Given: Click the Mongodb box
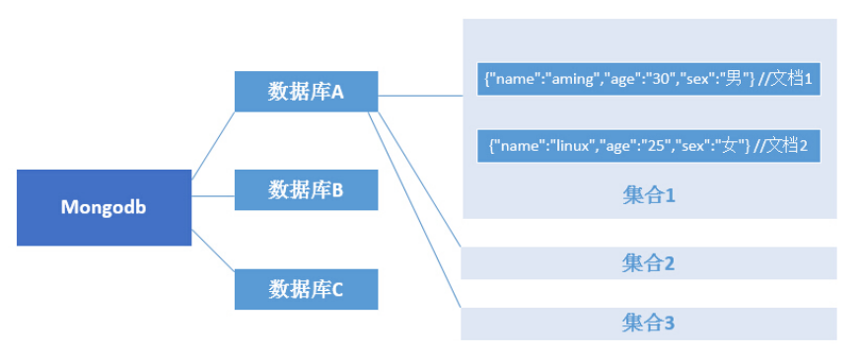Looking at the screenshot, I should pyautogui.click(x=104, y=207).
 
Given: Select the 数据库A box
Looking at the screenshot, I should pyautogui.click(x=306, y=92).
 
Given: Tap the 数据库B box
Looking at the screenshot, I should pyautogui.click(x=306, y=189).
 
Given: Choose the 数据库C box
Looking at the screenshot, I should pyautogui.click(x=306, y=289).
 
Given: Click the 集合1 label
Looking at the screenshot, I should pyautogui.click(x=649, y=195).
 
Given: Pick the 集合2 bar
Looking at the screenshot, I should pyautogui.click(x=649, y=263).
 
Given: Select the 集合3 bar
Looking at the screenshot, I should pyautogui.click(x=649, y=323).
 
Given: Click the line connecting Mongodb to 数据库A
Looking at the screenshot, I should pyautogui.click(x=212, y=143).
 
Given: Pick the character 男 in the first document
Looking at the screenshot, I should pyautogui.click(x=732, y=79).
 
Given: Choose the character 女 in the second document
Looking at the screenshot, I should pyautogui.click(x=729, y=146).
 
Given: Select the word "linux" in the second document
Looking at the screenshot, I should pyautogui.click(x=570, y=146).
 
